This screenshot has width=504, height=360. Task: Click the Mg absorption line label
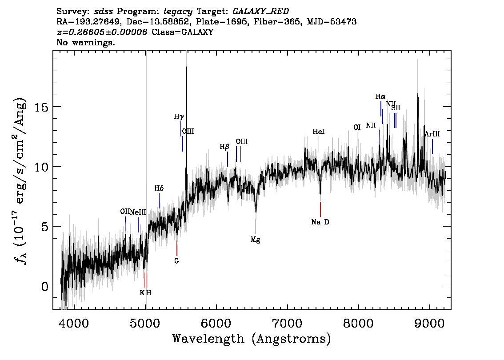coord(255,240)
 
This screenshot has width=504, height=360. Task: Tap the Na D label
coord(320,222)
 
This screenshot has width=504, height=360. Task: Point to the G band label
coord(176,261)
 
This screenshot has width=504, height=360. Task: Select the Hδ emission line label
coord(159,188)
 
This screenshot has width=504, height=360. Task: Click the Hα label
coord(380,96)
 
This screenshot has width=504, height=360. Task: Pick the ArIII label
coord(432,134)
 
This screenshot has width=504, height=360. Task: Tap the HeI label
coord(319,132)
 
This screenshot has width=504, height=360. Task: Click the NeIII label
coord(138,212)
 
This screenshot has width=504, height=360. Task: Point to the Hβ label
coord(225,147)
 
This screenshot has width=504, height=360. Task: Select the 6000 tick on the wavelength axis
coord(216,324)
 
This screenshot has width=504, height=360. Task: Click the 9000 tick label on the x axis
coord(429,324)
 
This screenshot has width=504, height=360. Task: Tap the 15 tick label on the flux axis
coord(41,107)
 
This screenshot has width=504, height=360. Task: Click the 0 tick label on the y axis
coord(44,286)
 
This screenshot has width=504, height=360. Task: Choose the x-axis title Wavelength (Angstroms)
coord(252,339)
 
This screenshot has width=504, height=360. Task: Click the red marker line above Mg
coord(256,226)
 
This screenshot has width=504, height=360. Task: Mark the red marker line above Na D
coord(320,209)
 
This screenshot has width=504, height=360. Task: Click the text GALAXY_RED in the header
coord(261,12)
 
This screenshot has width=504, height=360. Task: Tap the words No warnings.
coord(85,42)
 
